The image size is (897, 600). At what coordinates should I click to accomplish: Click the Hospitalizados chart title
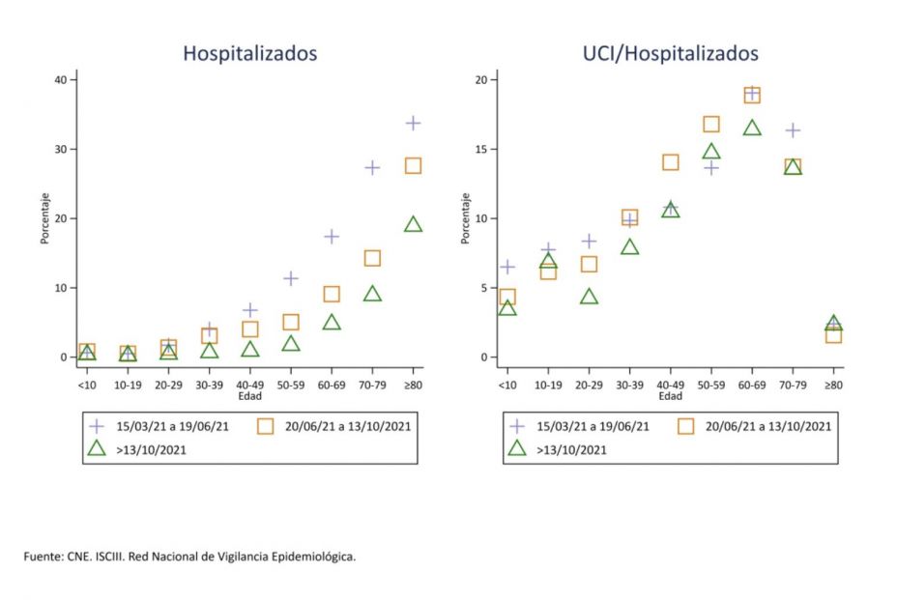(x=250, y=53)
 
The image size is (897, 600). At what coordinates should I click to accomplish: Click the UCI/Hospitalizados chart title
(x=670, y=53)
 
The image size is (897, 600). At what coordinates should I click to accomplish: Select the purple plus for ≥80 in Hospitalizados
(x=413, y=123)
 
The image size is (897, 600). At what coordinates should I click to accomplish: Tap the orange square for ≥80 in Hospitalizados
(x=413, y=165)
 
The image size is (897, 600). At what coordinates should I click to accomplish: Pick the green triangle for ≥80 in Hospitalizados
(x=413, y=224)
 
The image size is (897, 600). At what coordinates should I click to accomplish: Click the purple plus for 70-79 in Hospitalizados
(x=372, y=167)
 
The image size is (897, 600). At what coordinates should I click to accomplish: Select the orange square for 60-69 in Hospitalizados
(x=332, y=294)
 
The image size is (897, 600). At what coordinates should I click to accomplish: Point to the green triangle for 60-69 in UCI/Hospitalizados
(x=752, y=128)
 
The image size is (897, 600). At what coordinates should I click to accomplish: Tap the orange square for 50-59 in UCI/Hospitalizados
(x=711, y=124)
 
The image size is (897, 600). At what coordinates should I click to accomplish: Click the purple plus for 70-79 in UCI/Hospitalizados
(x=793, y=130)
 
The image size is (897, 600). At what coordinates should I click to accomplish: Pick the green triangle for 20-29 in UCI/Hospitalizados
(x=589, y=297)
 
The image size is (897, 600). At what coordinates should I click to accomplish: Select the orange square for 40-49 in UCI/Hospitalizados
(x=670, y=162)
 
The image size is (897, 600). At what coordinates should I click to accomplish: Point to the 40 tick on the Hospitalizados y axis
(x=60, y=79)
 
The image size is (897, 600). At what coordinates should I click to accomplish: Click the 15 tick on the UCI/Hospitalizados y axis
(x=480, y=149)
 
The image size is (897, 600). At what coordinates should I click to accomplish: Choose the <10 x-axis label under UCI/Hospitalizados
(x=506, y=385)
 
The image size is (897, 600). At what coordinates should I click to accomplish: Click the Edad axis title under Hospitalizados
(x=250, y=396)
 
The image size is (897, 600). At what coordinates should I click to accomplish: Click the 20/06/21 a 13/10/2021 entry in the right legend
(x=767, y=425)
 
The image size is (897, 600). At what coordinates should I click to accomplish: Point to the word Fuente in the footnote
(x=43, y=557)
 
